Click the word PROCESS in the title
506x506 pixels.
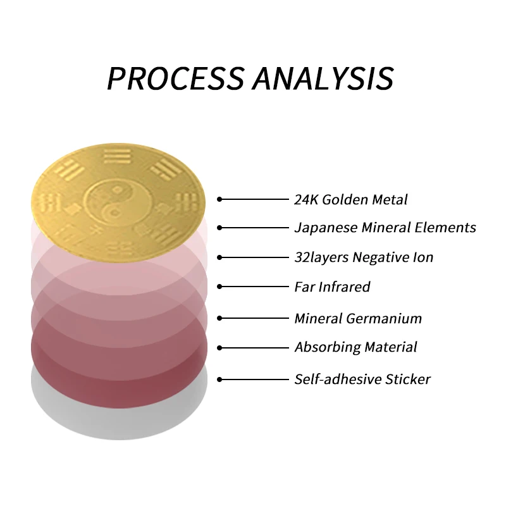point(175,78)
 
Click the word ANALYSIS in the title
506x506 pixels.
point(323,78)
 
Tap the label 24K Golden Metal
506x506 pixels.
point(351,200)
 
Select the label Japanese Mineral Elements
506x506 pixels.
point(385,227)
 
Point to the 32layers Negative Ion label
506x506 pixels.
point(364,257)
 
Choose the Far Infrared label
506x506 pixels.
point(332,287)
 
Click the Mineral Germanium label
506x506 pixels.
point(358,318)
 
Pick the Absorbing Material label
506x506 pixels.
point(355,347)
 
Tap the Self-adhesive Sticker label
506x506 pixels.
point(362,379)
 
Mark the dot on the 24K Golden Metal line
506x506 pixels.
point(219,199)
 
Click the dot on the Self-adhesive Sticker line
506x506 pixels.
point(219,379)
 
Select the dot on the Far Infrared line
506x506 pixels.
point(219,287)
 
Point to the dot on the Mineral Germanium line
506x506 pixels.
point(219,318)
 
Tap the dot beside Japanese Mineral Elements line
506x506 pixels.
point(219,227)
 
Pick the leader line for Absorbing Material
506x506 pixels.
point(253,347)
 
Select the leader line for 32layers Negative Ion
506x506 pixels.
point(253,257)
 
